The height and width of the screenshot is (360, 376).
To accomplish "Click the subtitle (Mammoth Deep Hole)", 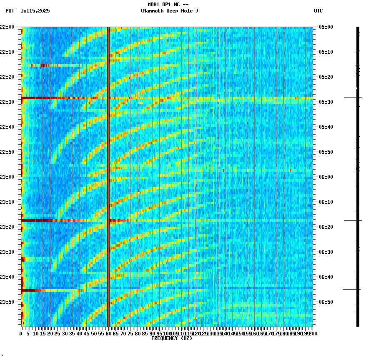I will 169,11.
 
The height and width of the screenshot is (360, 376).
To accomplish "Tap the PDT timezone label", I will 10,11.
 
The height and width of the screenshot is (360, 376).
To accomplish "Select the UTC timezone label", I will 318,11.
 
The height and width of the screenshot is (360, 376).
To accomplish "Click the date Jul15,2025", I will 35,11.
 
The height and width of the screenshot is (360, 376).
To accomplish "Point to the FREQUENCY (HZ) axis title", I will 171,338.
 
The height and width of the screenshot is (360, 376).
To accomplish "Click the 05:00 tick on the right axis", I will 326,27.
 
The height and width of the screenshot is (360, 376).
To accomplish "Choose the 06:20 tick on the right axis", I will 326,227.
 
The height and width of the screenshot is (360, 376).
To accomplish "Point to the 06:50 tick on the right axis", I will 326,302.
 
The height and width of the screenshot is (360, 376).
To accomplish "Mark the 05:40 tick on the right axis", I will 326,127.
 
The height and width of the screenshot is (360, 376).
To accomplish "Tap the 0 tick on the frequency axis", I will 21,334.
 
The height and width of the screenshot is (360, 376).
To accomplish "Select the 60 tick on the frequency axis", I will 108,334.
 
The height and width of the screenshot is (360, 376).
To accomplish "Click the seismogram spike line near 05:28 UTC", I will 353,97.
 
